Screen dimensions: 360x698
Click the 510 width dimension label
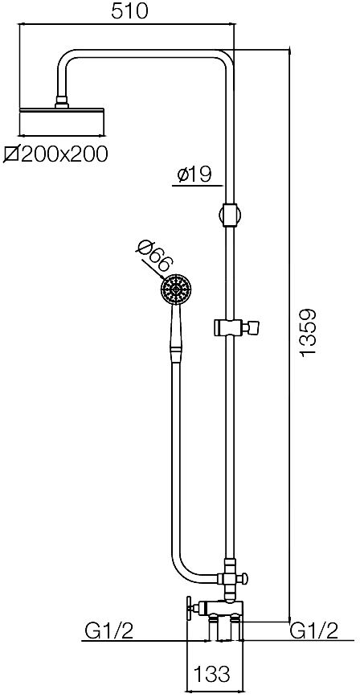click(129, 12)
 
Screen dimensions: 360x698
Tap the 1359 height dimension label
click(308, 331)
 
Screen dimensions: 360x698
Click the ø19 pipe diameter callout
click(194, 174)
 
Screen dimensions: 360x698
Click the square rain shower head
click(63, 121)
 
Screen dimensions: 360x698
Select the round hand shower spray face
click(177, 289)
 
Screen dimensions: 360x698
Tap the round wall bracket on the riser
click(230, 215)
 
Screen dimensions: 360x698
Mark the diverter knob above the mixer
click(243, 579)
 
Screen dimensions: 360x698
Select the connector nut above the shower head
click(62, 102)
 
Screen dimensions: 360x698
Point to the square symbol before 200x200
click(11, 154)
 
